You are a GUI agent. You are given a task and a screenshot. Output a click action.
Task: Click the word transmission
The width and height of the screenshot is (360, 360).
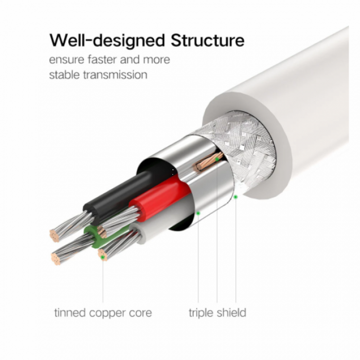[117, 75]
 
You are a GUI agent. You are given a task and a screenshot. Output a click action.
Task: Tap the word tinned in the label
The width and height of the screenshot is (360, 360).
[69, 312]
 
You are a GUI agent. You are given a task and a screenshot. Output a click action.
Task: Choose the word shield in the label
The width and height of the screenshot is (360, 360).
[231, 312]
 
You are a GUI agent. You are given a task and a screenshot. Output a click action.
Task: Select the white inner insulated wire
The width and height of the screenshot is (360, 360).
[154, 226]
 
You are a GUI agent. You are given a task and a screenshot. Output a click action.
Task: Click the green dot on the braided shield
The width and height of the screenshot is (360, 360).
[236, 196]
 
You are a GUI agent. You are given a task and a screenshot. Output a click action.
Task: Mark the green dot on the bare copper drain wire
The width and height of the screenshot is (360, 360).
[217, 160]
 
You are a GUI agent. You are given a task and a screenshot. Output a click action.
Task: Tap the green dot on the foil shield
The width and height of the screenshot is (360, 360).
[197, 211]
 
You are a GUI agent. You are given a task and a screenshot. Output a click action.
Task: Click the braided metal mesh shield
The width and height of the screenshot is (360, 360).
[247, 149]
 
